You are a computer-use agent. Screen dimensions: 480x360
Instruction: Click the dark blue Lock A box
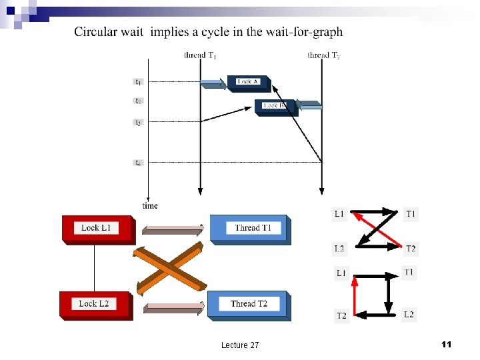[x=247, y=82]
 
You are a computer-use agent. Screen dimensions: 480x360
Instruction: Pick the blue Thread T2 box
[x=249, y=305]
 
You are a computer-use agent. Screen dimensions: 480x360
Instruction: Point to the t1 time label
[x=138, y=82]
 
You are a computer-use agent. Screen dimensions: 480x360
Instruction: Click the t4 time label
[x=138, y=163]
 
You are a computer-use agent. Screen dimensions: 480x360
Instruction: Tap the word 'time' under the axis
[x=150, y=205]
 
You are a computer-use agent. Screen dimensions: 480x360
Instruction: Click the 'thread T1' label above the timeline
[x=199, y=55]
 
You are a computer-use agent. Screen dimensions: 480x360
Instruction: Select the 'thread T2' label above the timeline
[x=323, y=55]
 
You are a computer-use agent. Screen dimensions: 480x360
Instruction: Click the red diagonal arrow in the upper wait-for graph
[x=377, y=229]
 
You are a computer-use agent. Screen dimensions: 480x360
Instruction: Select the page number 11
[x=447, y=344]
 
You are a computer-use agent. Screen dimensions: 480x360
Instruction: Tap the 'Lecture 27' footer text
[x=240, y=345]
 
